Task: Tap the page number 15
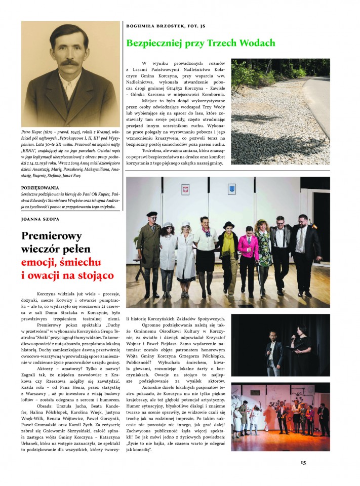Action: pos(303,462)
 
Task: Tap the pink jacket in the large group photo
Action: pos(248,246)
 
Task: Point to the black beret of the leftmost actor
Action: pos(152,215)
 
